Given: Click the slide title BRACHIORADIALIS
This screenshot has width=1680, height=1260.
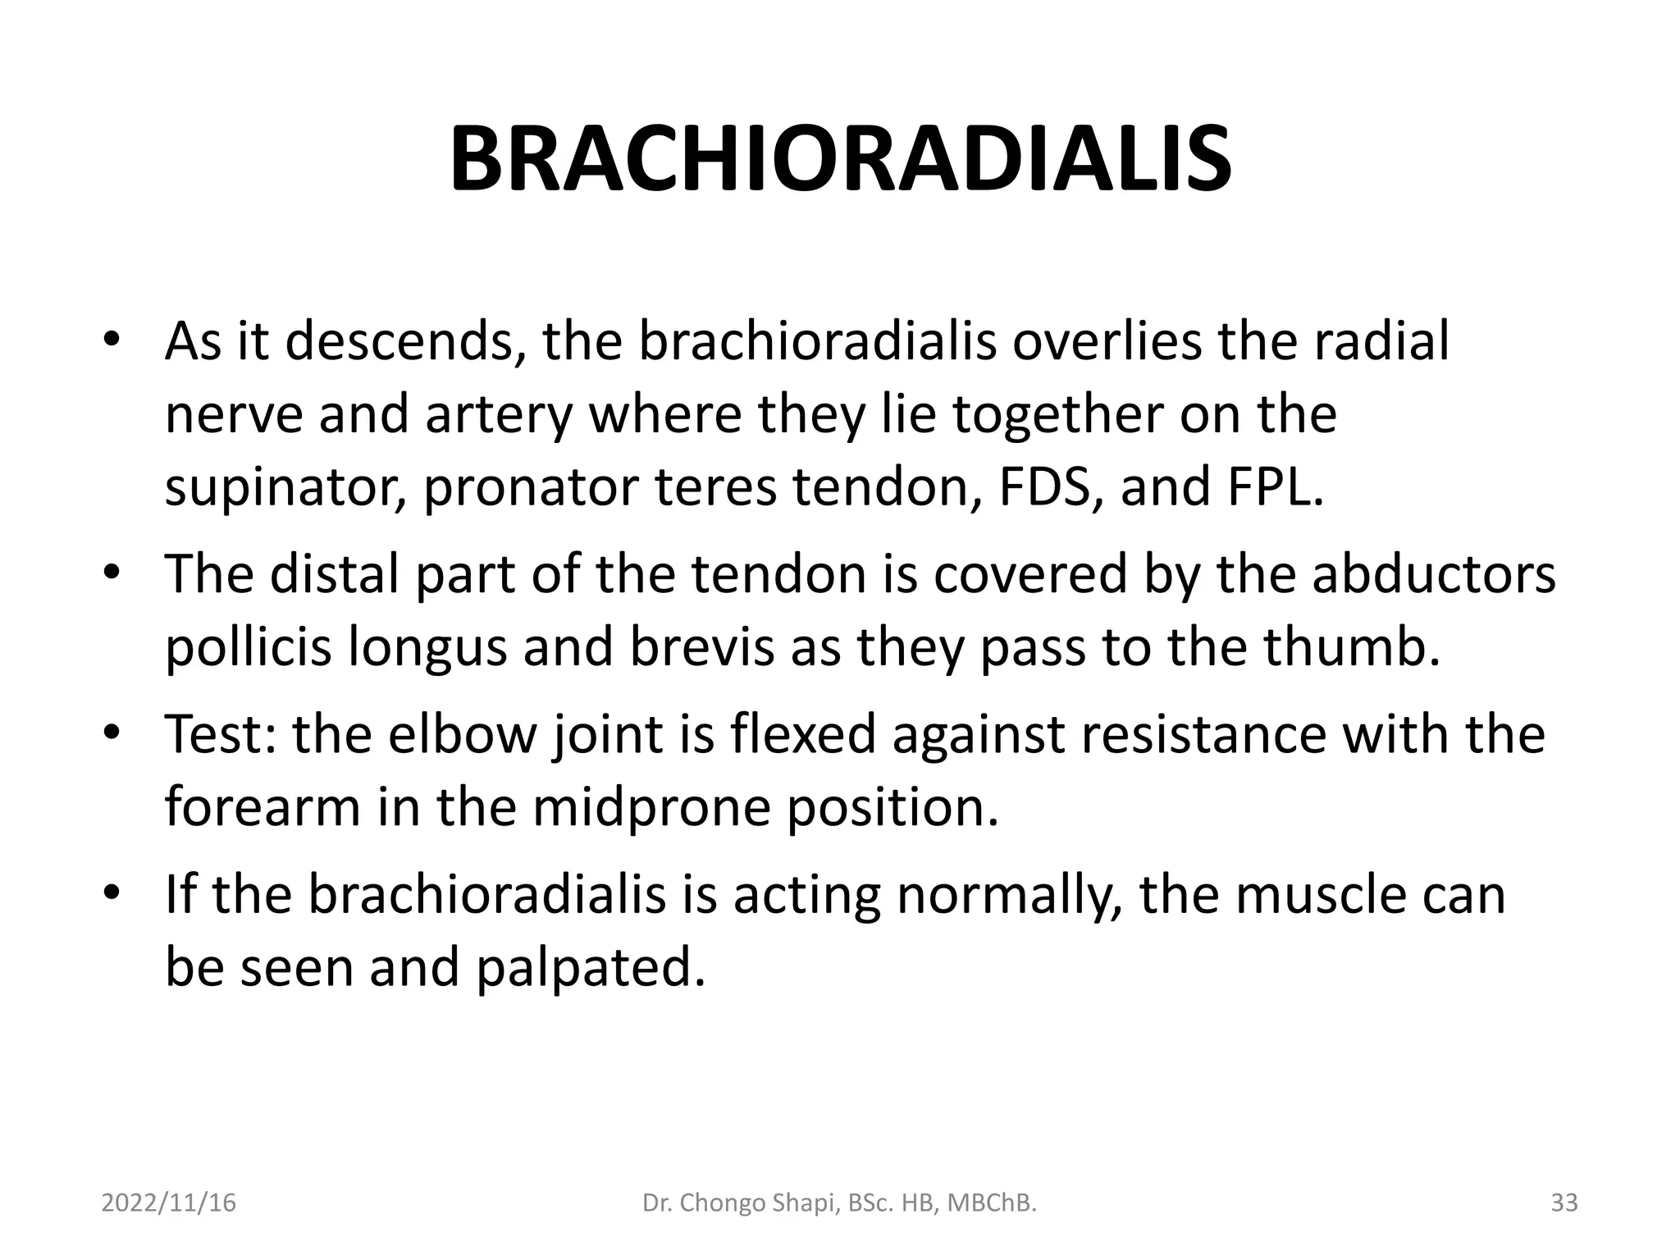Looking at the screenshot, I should (x=840, y=160).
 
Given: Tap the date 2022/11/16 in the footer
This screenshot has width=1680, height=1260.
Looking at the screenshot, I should (x=168, y=1203).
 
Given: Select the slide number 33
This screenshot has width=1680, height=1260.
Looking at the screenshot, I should (x=1564, y=1203).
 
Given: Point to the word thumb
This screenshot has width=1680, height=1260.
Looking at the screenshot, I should (x=1351, y=647).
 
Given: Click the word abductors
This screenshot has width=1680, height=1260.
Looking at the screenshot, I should (x=1433, y=574).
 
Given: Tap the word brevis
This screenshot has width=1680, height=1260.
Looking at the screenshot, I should (x=701, y=647).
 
